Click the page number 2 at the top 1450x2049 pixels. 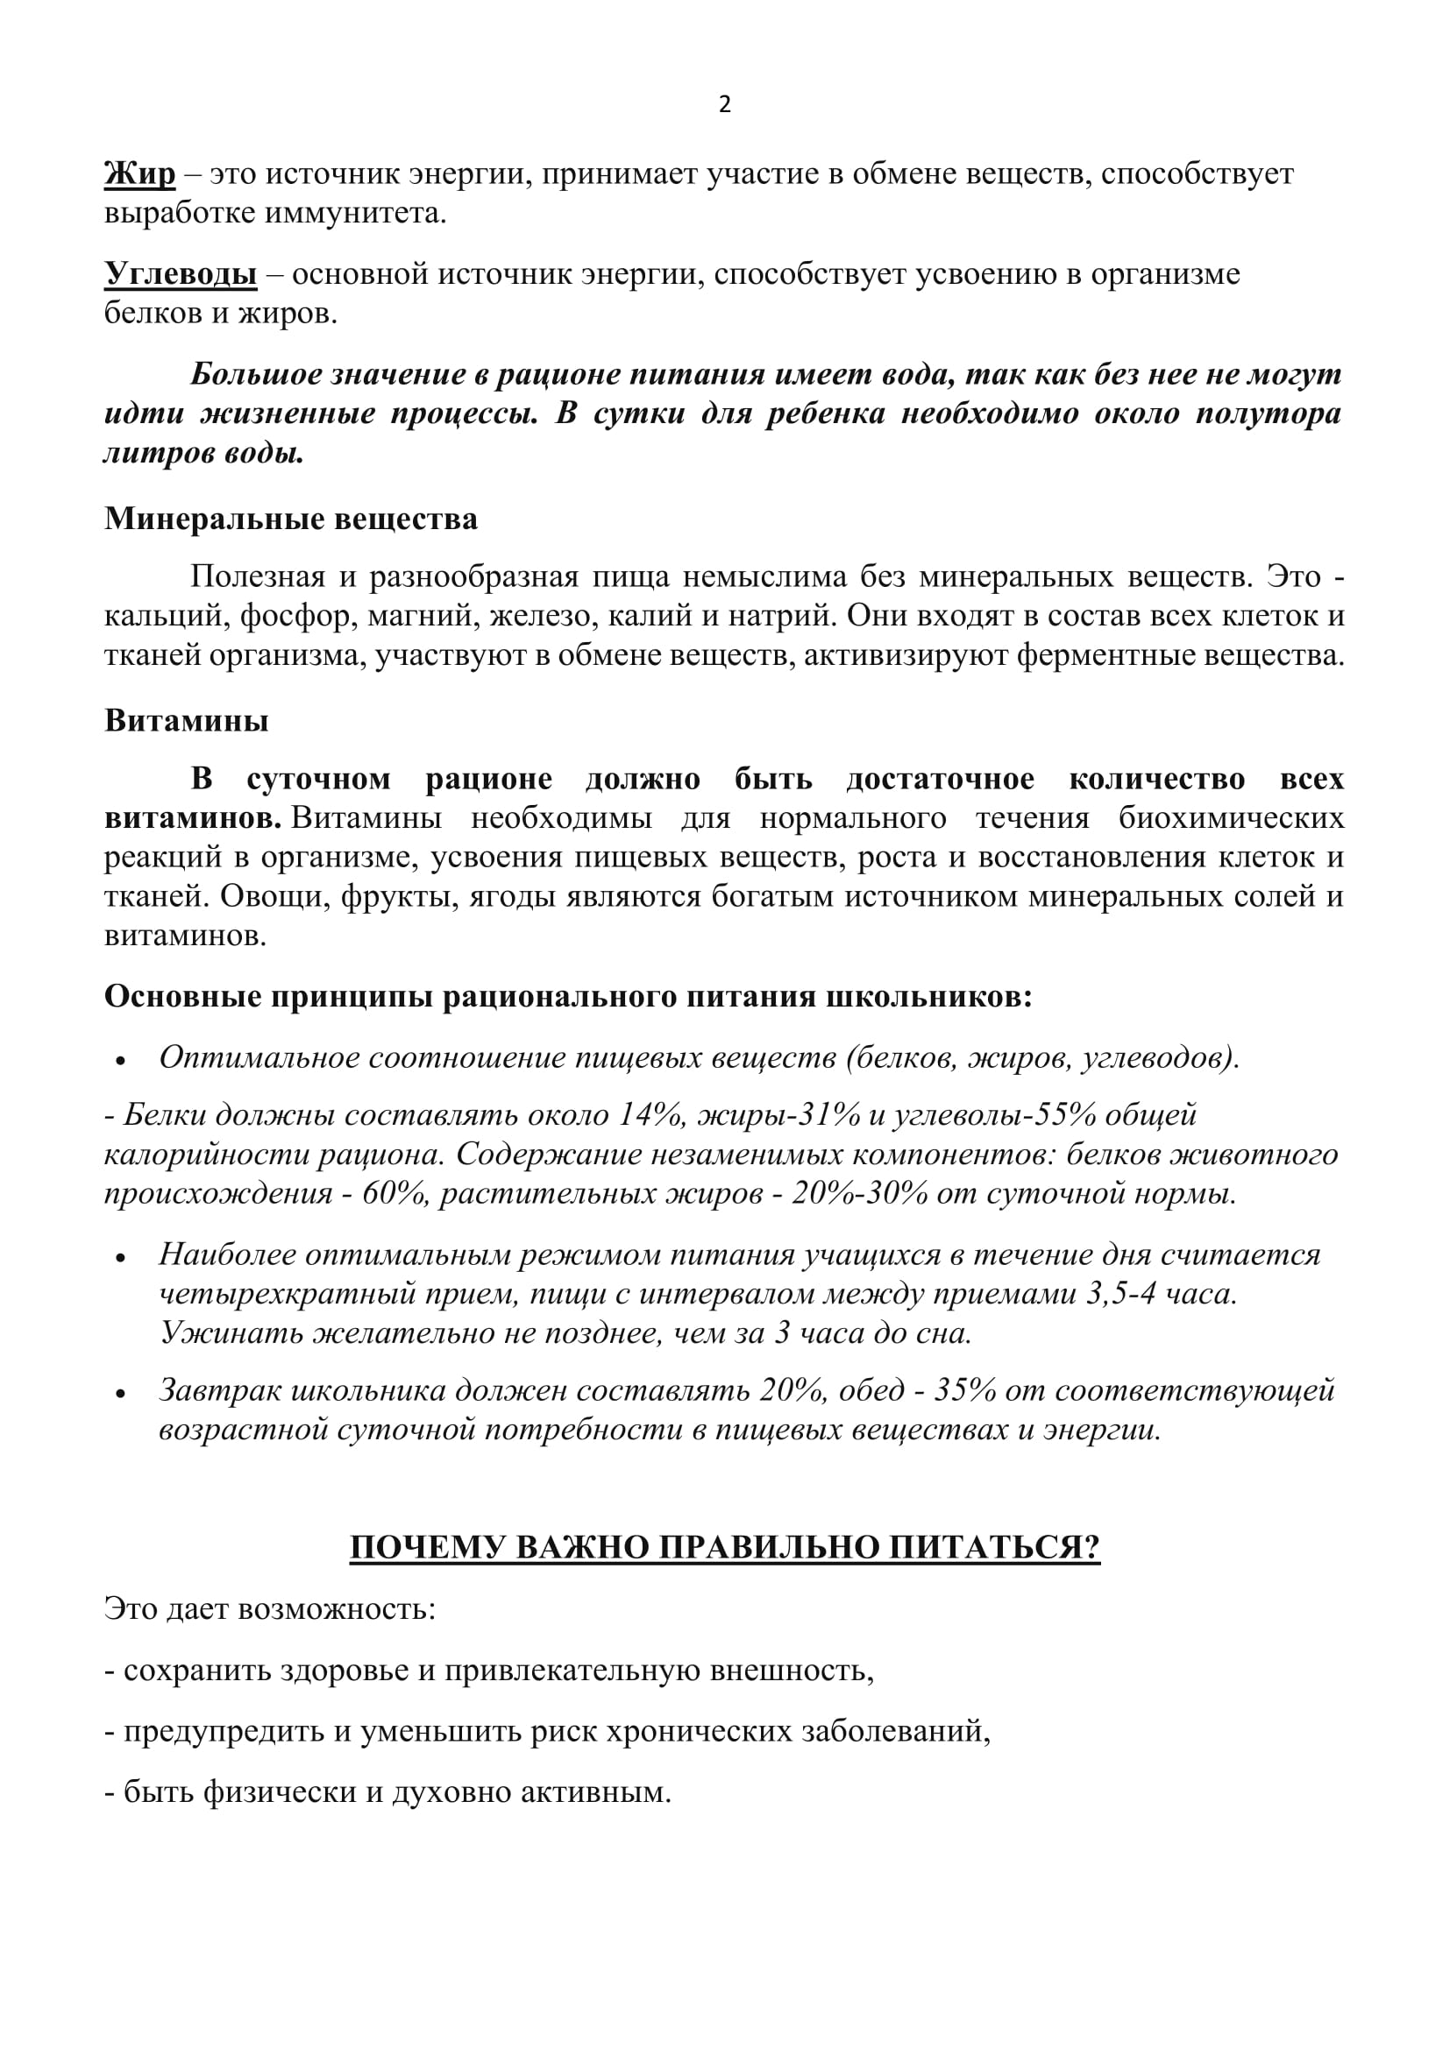pos(724,105)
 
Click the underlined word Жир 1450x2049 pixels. pos(139,173)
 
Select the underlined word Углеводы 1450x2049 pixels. pos(181,273)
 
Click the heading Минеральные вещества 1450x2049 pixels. pos(291,519)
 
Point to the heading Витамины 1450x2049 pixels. pos(187,720)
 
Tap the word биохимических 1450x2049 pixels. pos(1231,817)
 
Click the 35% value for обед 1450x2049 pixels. pos(965,1389)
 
